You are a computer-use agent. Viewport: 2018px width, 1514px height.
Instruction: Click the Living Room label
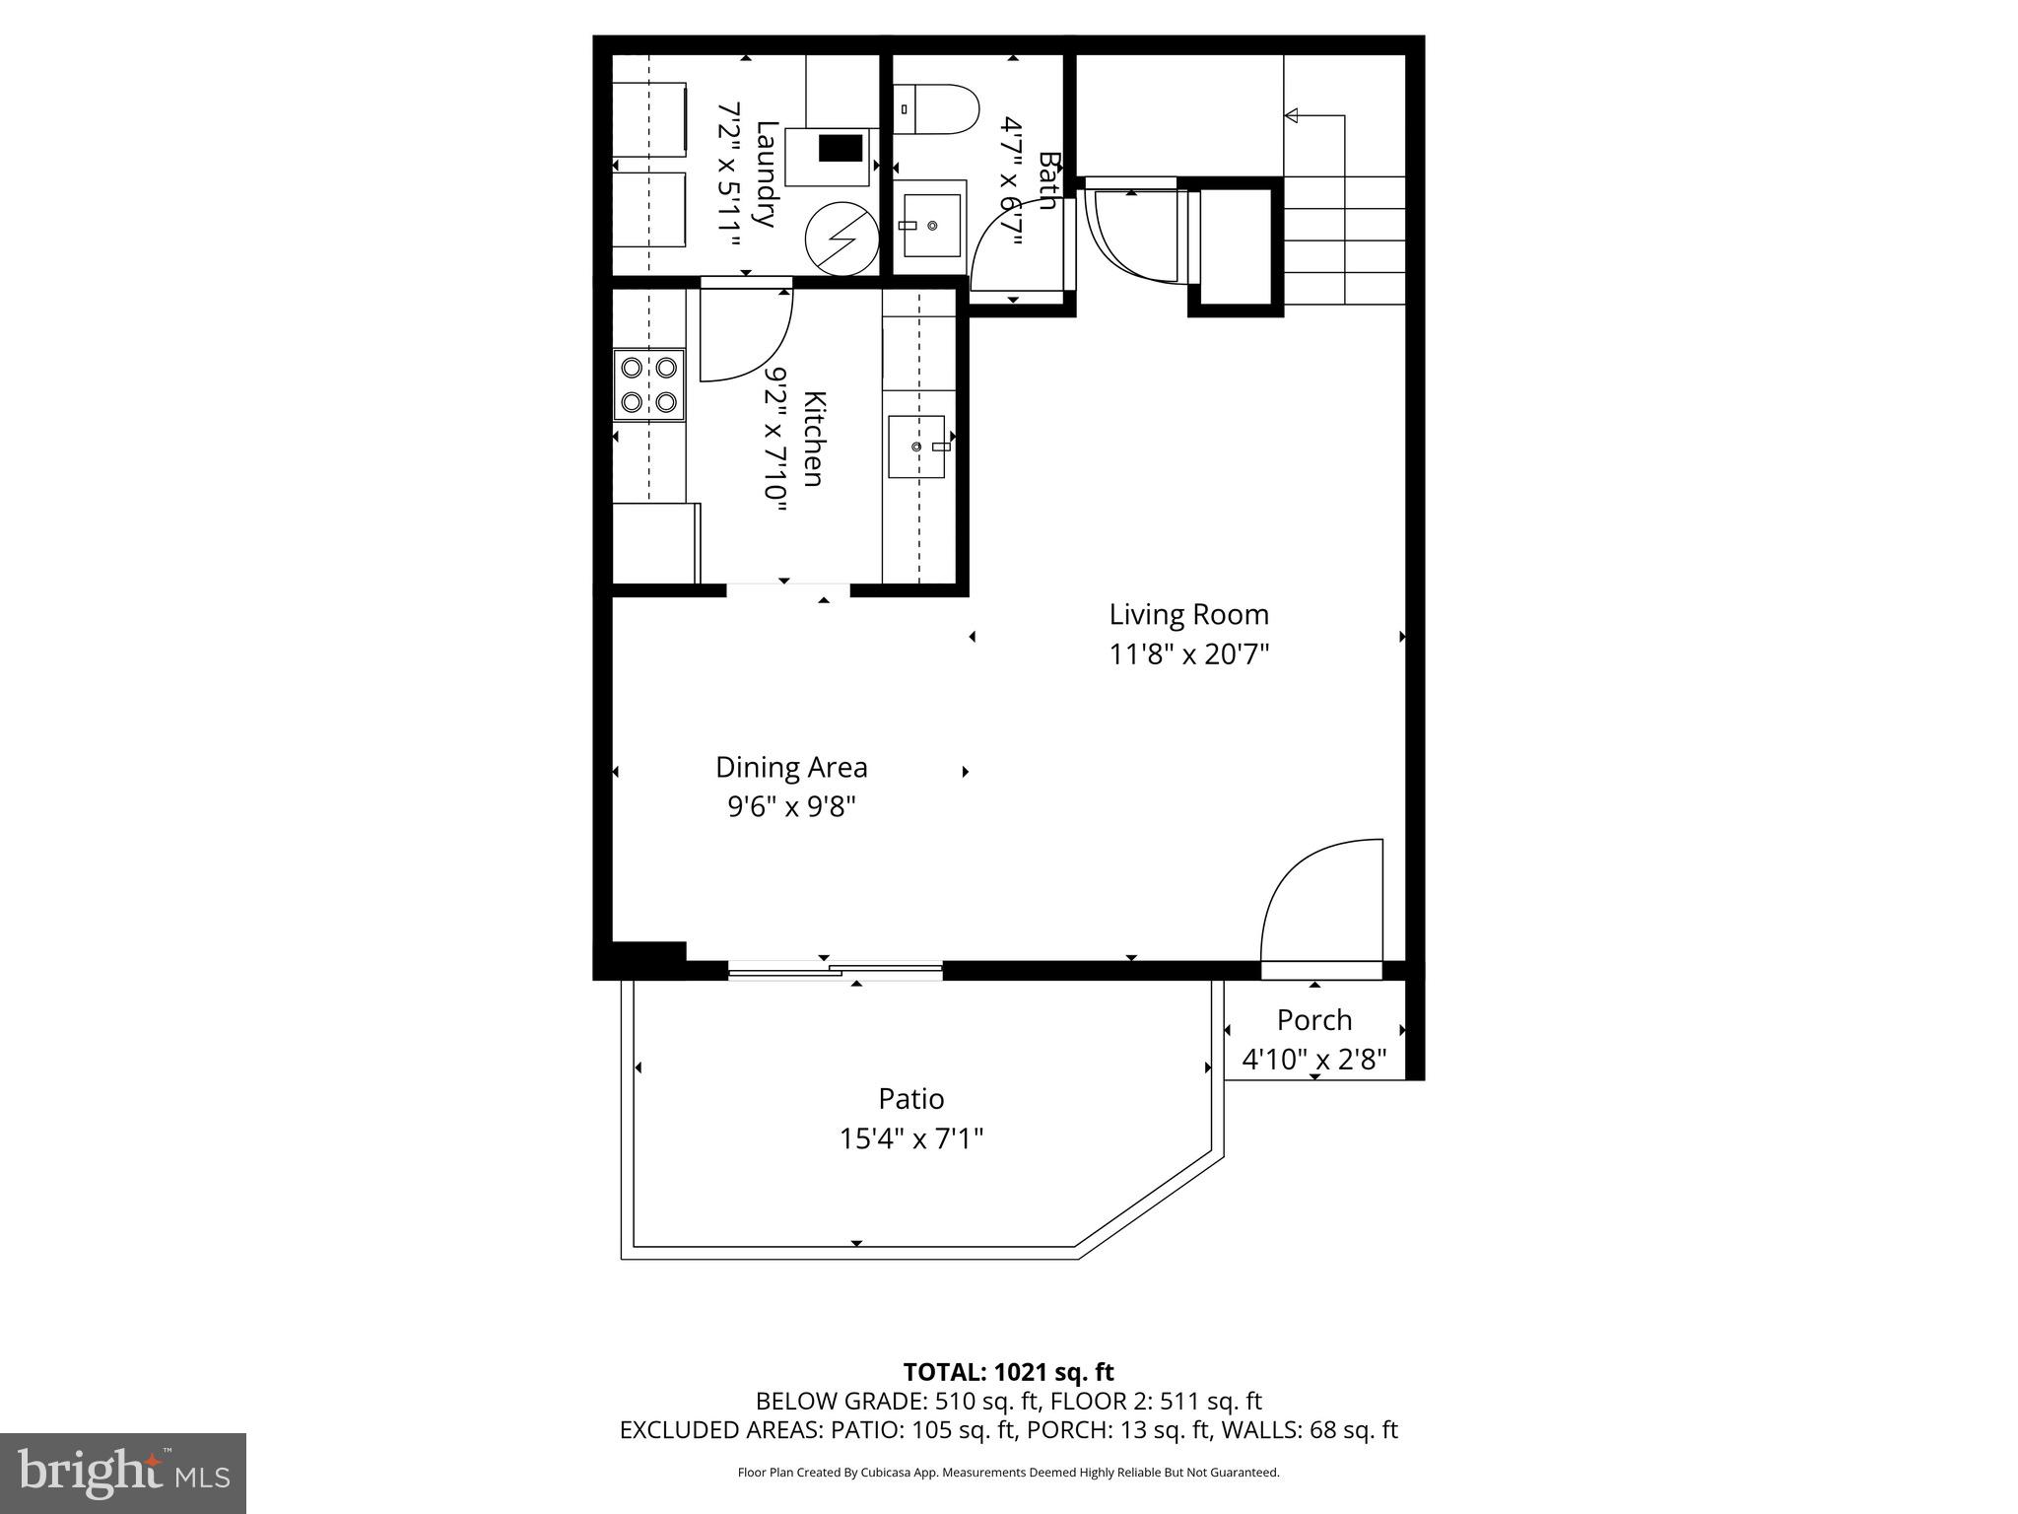(1188, 615)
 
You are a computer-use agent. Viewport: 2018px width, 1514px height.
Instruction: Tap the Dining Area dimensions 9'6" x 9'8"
(791, 807)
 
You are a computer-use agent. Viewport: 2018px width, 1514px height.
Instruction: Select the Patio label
(911, 1098)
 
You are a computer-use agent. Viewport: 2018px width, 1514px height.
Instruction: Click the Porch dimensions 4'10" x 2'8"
(1313, 1060)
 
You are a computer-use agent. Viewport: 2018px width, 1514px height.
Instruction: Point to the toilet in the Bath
(936, 109)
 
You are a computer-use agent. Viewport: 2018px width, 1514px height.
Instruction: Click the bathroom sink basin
(931, 226)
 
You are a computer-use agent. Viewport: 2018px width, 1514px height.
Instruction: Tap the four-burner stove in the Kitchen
(648, 384)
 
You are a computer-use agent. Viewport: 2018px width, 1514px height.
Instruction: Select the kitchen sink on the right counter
(916, 447)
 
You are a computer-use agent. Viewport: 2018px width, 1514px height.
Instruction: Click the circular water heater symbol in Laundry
(841, 238)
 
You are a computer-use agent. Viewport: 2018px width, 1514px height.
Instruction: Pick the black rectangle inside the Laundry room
(841, 148)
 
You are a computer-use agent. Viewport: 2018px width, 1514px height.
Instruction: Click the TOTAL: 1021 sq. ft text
(1008, 1372)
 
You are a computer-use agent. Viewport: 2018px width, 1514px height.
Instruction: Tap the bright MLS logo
(123, 1473)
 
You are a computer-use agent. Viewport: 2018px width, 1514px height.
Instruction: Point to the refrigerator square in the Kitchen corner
(655, 543)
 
